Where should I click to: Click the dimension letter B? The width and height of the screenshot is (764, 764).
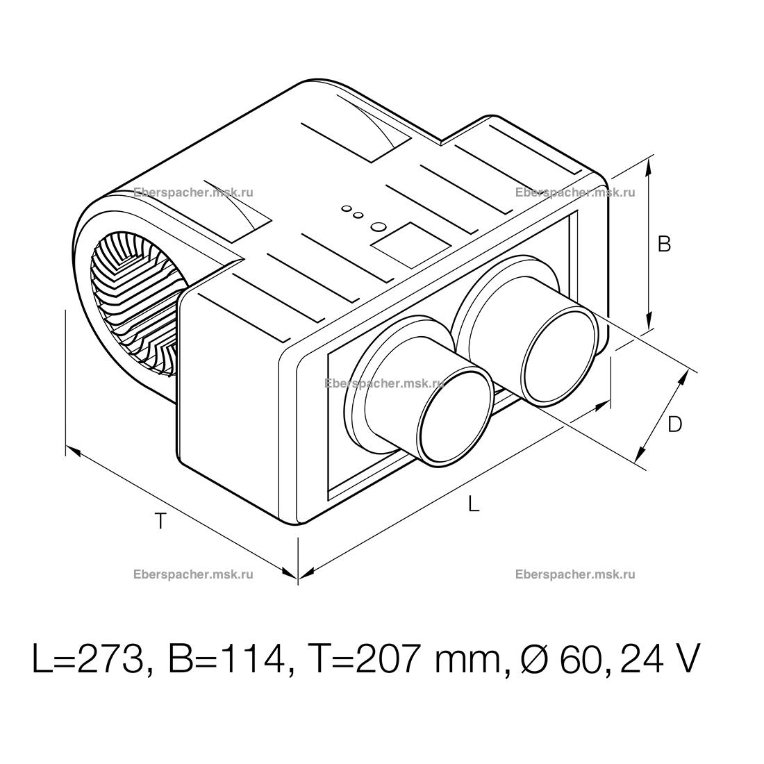(x=664, y=244)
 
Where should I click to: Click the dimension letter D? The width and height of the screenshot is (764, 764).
(x=675, y=424)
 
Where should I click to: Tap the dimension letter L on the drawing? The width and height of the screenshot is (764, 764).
(x=474, y=504)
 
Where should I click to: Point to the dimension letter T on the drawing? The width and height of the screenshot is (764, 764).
(x=160, y=521)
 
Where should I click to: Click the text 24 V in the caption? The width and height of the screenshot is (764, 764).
(x=661, y=659)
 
